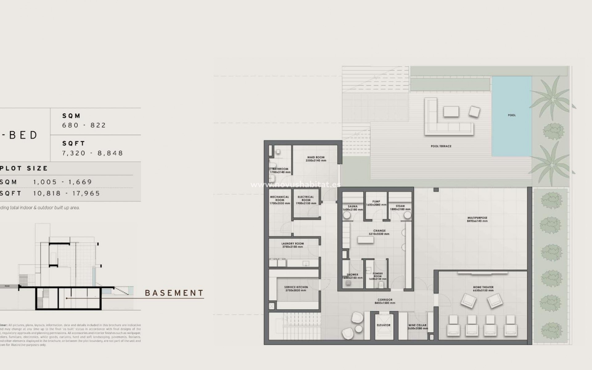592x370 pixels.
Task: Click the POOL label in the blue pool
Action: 512,115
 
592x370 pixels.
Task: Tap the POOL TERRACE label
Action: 441,146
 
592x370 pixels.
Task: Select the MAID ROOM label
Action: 316,157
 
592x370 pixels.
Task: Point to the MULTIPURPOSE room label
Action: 477,218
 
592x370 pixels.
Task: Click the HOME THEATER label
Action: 483,287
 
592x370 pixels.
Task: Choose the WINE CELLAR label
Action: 417,325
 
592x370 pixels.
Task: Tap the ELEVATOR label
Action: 384,325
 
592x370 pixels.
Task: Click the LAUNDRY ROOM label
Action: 293,244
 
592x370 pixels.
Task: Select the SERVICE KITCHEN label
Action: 296,287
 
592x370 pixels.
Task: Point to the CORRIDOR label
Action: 385,300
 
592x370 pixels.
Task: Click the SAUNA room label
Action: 352,206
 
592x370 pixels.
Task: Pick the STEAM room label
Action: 400,206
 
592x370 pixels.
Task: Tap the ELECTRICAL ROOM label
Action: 306,199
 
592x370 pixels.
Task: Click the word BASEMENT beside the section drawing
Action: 174,293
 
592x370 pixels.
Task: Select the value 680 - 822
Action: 84,125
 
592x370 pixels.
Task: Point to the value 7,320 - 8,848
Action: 92,153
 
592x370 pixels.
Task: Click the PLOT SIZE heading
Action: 24,168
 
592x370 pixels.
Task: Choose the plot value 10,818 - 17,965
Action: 67,193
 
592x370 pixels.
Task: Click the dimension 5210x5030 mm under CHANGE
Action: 379,234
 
